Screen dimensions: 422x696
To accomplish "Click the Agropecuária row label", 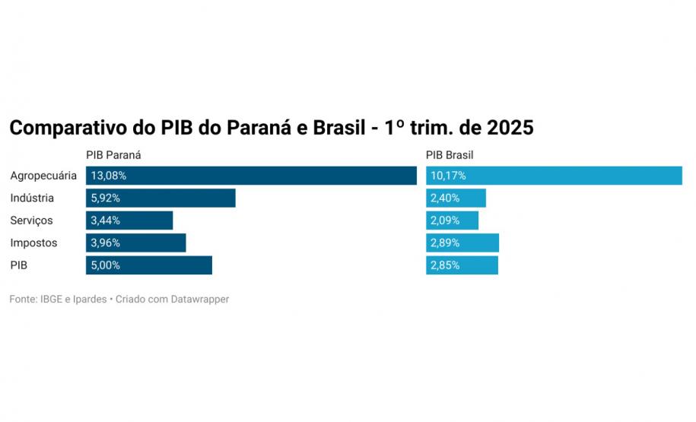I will tap(43, 176).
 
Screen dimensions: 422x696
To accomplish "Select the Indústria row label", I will tap(32, 198).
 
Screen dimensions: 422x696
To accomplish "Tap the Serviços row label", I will tap(31, 221).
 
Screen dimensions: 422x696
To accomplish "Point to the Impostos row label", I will tap(33, 243).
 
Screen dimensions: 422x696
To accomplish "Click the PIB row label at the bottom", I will tap(18, 265).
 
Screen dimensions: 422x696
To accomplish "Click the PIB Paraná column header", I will tap(114, 155).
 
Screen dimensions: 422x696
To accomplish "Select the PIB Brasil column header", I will tap(450, 155).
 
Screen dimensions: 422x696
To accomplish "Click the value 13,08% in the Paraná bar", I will tap(109, 176).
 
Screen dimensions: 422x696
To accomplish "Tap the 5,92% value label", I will tap(106, 198).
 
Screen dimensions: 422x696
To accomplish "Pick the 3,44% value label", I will tap(106, 221).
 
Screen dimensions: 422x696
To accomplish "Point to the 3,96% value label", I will tap(106, 243).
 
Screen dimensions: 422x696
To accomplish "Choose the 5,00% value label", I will tap(106, 265).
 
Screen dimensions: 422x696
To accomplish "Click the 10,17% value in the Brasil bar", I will tap(448, 176).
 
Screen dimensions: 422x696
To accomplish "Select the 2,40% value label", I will tap(445, 198).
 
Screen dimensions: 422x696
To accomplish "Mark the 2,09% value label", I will tap(445, 221).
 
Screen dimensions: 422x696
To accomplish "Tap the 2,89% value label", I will tap(445, 243).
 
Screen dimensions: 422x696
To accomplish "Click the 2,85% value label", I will tap(445, 265).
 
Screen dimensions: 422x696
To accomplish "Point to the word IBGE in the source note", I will tap(52, 300).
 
